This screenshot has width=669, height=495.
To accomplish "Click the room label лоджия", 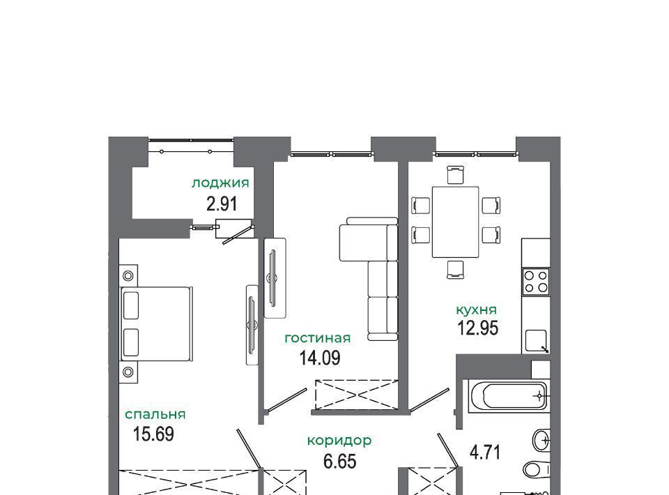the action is (220, 183).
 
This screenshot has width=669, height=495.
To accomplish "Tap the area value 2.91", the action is (222, 204).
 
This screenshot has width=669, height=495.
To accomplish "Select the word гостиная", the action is (318, 338).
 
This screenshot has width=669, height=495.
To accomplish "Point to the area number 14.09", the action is (320, 358).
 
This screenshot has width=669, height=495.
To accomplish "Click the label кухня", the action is (477, 310).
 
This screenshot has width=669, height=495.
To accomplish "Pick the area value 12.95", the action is (478, 328).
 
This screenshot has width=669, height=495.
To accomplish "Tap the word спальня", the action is (155, 414).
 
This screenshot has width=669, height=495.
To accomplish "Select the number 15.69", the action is (153, 434).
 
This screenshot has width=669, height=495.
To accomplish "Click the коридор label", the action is (339, 441).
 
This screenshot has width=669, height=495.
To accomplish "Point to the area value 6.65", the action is (340, 462).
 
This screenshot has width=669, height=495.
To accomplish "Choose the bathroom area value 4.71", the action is (485, 452).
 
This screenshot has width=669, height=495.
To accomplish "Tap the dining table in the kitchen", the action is (455, 222).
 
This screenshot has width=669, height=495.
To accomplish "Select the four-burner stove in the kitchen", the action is (536, 281).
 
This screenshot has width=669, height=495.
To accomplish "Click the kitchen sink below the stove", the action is (537, 340).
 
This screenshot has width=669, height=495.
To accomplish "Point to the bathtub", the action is (508, 396).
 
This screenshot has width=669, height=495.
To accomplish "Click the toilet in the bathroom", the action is (537, 470).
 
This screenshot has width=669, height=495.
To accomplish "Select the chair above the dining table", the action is (455, 175).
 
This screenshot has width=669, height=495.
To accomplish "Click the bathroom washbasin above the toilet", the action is (541, 439).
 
